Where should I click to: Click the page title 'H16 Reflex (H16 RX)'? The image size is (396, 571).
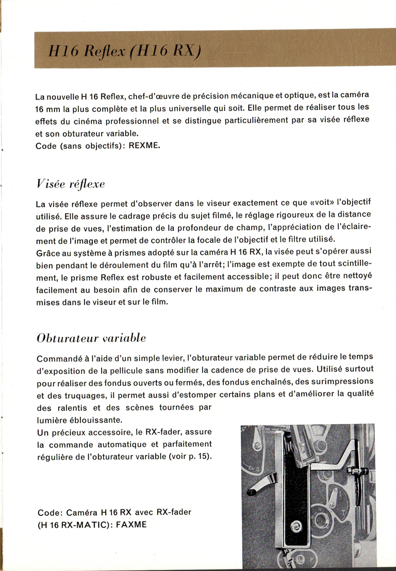tap(124, 50)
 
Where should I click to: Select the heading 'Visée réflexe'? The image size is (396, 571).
tap(70, 184)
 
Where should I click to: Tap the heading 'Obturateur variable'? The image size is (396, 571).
tap(91, 338)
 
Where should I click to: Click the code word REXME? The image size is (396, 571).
tap(144, 146)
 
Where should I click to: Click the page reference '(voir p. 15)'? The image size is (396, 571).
tap(194, 456)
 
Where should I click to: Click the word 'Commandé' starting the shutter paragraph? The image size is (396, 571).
tap(57, 357)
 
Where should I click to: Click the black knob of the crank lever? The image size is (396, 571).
tap(252, 492)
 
